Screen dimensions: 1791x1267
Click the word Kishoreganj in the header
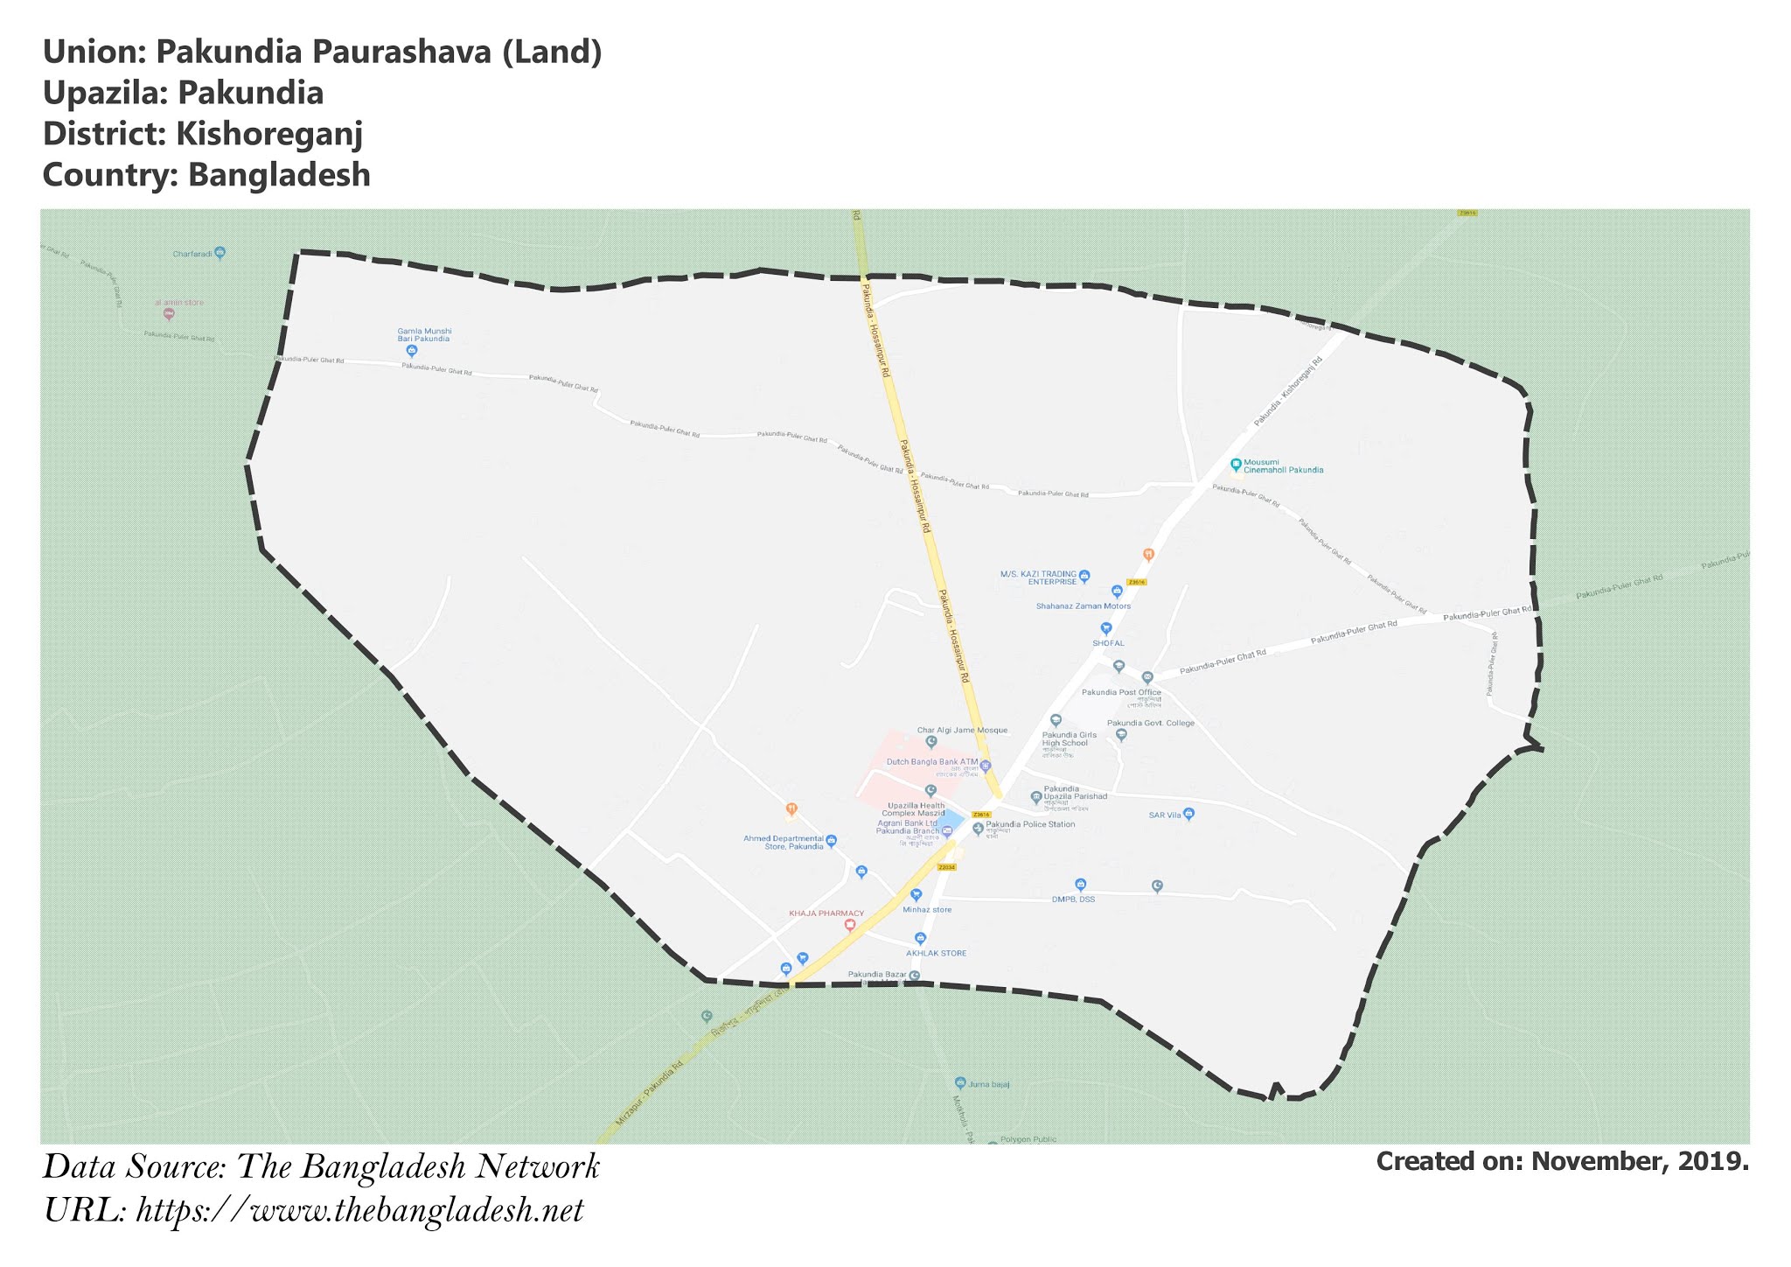pos(269,134)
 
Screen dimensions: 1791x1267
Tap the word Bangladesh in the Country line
pos(279,175)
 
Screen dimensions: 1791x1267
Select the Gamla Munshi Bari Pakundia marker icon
pos(412,351)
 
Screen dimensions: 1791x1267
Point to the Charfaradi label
pos(192,254)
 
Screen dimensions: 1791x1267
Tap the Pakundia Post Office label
pos(1121,692)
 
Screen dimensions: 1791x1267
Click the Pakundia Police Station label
pos(1030,824)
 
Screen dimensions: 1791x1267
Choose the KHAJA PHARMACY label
pos(826,913)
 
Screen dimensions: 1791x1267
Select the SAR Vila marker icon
pos(1188,814)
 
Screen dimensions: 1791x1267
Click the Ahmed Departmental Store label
pos(784,842)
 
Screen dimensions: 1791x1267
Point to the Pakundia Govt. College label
pos(1150,723)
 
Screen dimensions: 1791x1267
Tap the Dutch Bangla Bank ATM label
pos(932,762)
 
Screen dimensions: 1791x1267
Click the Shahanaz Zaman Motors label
pos(1083,605)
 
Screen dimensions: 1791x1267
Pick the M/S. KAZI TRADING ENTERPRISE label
pos(1039,577)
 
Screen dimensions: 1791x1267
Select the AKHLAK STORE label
pos(936,953)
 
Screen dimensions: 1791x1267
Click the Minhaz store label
pos(927,909)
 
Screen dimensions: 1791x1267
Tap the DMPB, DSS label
pos(1073,899)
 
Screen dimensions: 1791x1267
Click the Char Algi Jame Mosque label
pos(962,730)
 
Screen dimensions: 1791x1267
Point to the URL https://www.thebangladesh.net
pos(359,1211)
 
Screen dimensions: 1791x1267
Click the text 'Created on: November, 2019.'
pos(1562,1162)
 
